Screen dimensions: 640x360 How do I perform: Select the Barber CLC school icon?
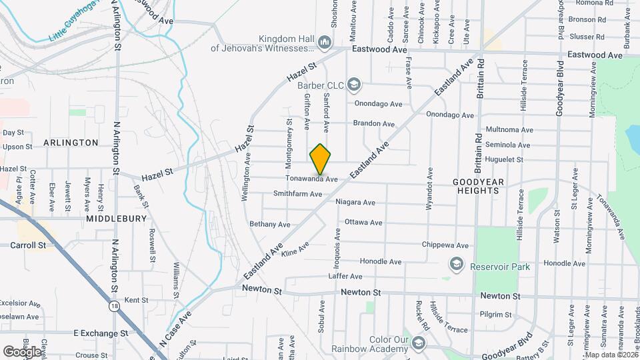click(354, 85)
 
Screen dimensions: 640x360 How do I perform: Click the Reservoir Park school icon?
click(457, 265)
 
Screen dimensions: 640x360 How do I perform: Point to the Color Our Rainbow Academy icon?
click(419, 343)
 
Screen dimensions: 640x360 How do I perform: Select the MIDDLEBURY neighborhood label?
click(111, 218)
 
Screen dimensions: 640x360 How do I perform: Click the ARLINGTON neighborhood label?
click(71, 143)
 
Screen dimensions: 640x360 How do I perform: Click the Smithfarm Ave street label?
click(297, 194)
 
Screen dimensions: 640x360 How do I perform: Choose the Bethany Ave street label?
click(270, 224)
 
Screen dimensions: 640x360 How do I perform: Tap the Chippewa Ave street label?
click(444, 245)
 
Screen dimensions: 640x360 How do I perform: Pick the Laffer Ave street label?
click(345, 276)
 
